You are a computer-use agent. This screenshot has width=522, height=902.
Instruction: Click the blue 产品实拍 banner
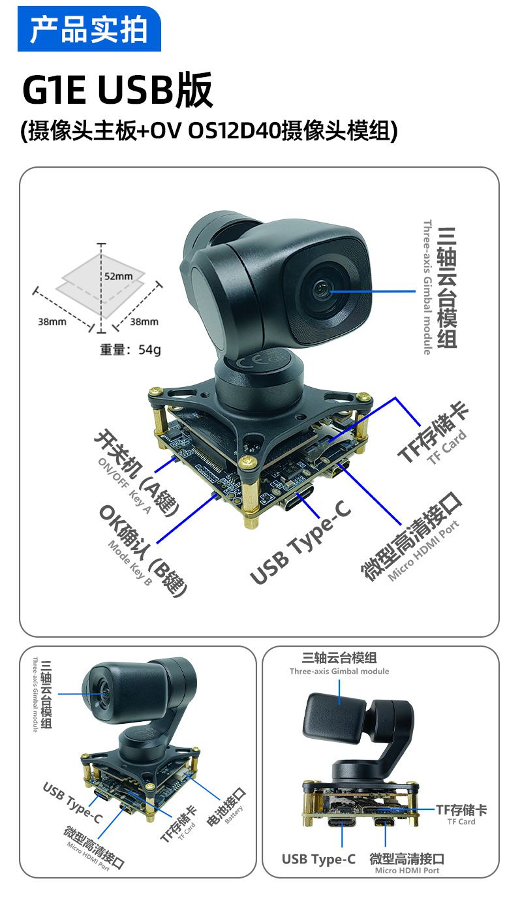(x=89, y=29)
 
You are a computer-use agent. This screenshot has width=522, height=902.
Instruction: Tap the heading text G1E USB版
(x=117, y=89)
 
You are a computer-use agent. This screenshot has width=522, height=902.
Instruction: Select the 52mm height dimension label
(x=118, y=276)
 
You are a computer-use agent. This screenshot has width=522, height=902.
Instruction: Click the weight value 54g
(x=149, y=350)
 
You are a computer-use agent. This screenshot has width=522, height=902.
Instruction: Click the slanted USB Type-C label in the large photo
(x=300, y=542)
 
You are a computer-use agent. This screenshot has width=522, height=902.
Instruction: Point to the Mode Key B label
(x=130, y=563)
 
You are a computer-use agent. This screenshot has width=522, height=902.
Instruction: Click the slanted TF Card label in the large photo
(x=447, y=446)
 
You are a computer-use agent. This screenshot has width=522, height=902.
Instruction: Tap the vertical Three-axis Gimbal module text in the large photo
(x=427, y=287)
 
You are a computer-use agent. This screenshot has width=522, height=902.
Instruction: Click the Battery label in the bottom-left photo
(x=234, y=815)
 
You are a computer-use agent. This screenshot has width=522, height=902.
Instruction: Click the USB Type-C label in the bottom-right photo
(x=319, y=859)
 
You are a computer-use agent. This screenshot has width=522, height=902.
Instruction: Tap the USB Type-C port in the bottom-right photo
(x=342, y=821)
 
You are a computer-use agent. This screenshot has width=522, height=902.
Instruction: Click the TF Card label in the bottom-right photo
(x=461, y=822)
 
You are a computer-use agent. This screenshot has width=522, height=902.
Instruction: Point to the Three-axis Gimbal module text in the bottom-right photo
(x=339, y=671)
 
